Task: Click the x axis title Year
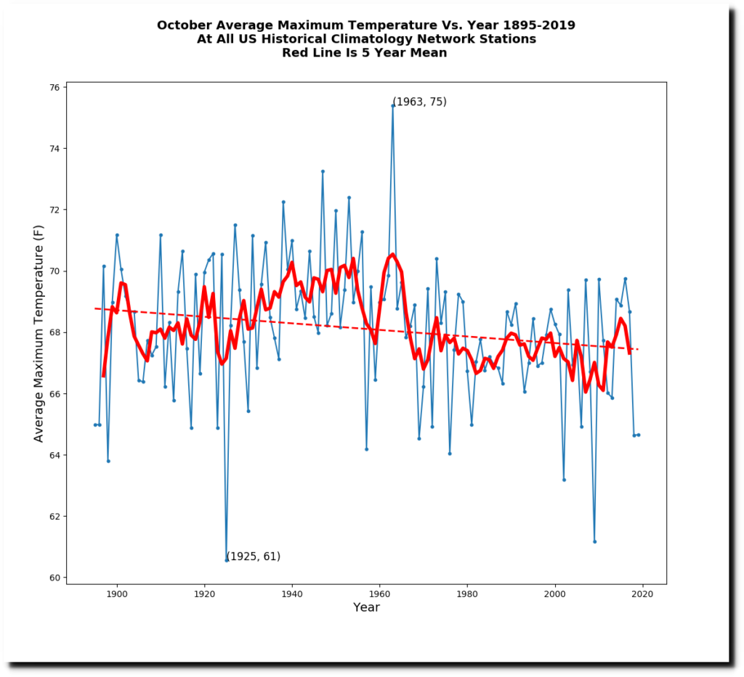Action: (366, 608)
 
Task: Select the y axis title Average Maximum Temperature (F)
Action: (39, 332)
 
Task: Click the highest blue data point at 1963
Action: (392, 106)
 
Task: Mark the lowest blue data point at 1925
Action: (226, 560)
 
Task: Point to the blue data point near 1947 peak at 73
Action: (323, 171)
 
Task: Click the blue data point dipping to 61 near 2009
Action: (594, 541)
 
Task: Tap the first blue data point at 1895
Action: (94, 424)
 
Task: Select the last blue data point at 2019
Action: (639, 435)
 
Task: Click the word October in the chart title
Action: (184, 25)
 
